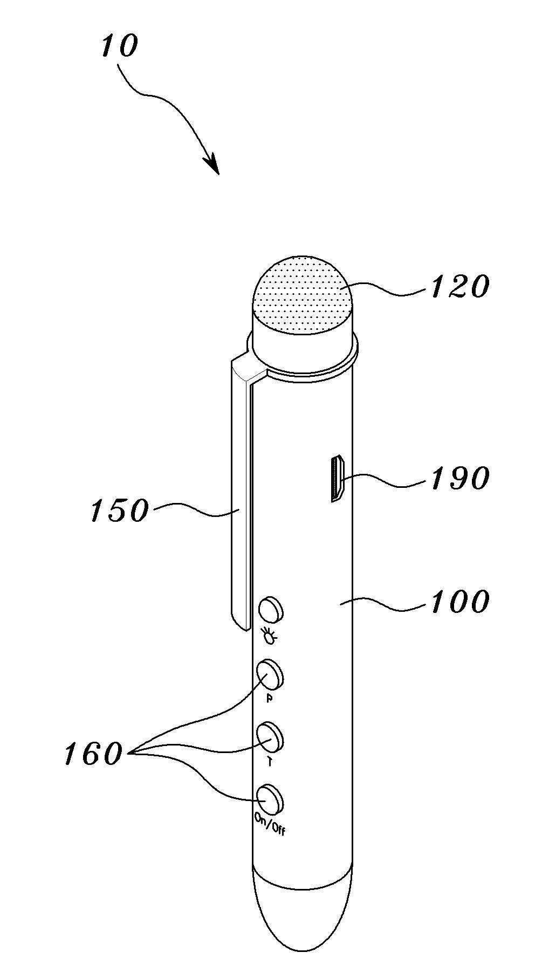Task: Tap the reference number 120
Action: point(459,286)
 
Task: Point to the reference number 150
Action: point(119,509)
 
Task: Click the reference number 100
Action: point(459,602)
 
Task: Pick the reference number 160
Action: point(93,753)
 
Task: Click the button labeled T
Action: point(270,736)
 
